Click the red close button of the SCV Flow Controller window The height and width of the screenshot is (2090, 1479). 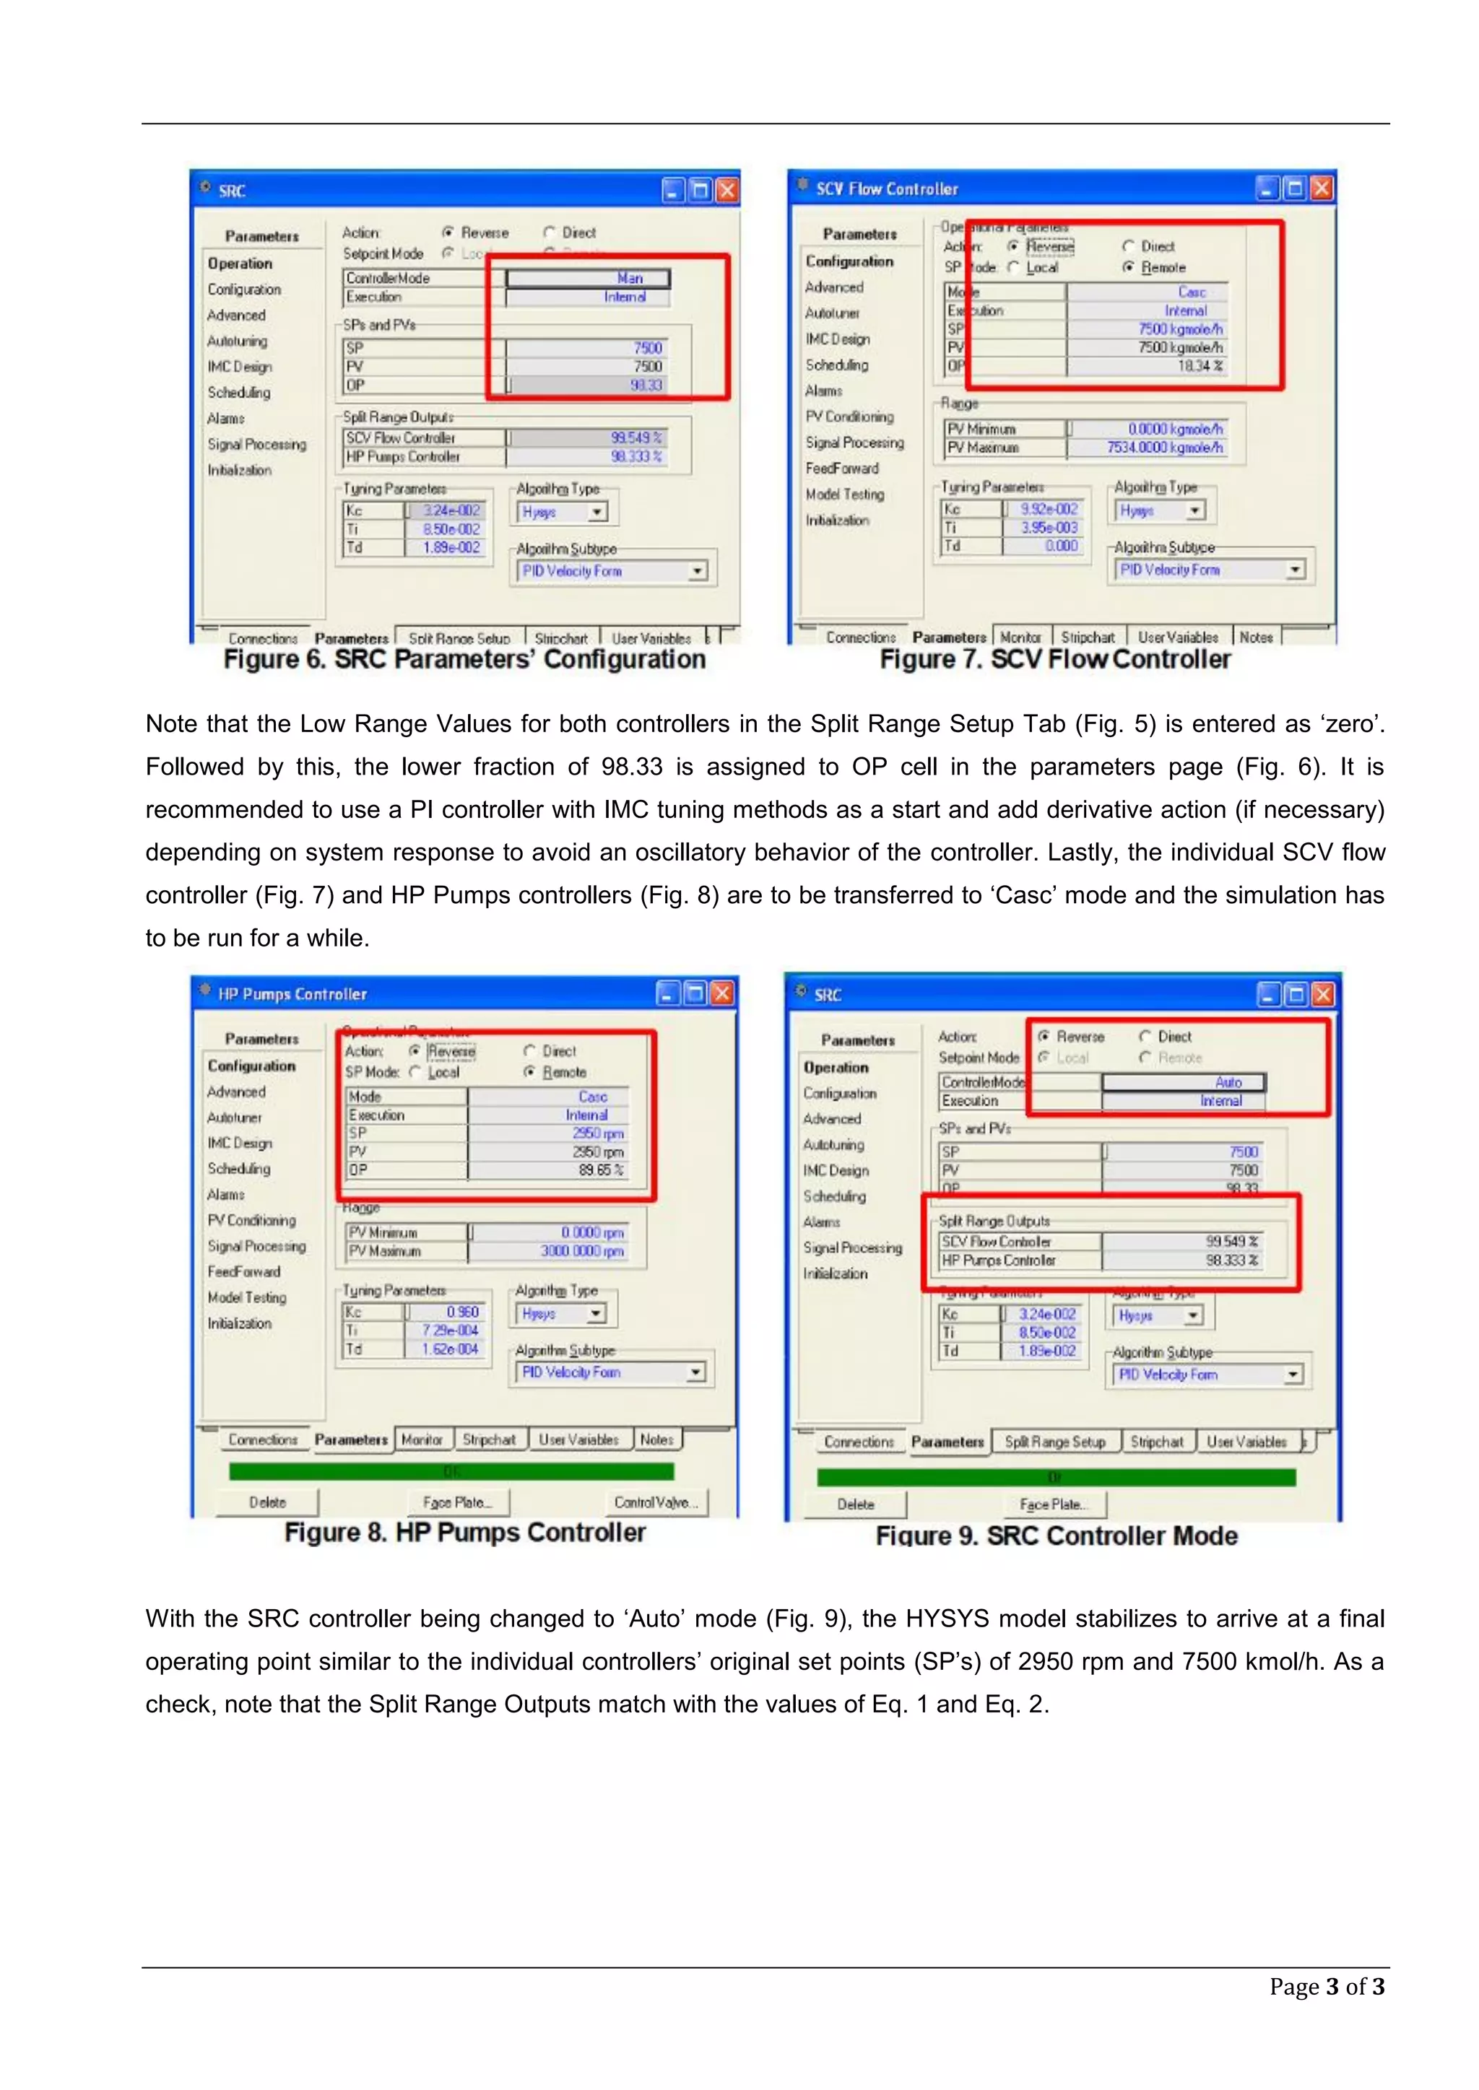coord(1322,188)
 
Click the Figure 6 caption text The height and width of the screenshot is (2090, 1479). coord(464,659)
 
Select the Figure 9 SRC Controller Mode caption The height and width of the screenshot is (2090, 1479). coord(1057,1536)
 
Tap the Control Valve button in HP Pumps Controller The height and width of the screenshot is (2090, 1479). coord(656,1502)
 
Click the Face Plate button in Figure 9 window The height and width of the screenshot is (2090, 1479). coord(1061,1504)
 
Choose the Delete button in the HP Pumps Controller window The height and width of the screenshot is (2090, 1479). coord(268,1502)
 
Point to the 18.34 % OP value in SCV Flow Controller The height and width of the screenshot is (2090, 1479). coord(1200,366)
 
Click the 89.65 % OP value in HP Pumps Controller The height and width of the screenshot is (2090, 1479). coord(600,1170)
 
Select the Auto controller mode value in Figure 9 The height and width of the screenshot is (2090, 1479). coord(1228,1082)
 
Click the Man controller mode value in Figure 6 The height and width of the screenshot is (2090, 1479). coord(629,279)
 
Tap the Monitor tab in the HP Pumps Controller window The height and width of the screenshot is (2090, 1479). coord(422,1439)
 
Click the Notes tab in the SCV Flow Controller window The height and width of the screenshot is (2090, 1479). coord(1256,637)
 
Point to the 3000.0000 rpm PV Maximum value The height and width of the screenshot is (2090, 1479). coord(582,1250)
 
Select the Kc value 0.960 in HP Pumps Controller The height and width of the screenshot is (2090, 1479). coord(461,1312)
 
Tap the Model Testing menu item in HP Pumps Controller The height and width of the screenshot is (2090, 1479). coord(247,1297)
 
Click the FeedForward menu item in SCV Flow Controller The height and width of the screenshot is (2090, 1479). coord(841,468)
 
